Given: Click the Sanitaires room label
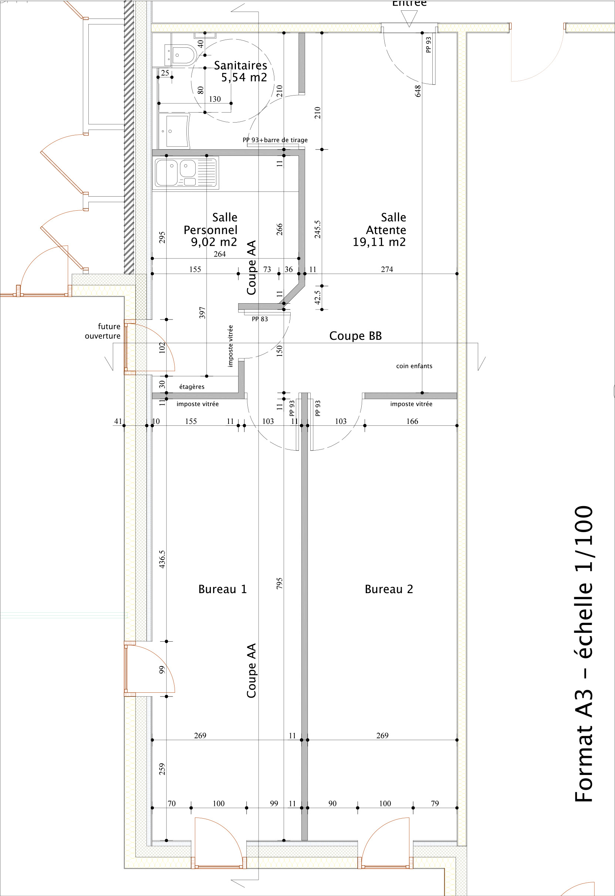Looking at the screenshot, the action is point(240,66).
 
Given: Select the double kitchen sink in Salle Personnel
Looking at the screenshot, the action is point(186,173).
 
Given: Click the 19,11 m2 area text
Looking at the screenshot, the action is point(379,242).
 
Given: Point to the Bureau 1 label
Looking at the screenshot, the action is point(222,589).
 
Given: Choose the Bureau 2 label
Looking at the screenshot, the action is point(389,589).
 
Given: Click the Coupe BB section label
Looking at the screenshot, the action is point(355,336).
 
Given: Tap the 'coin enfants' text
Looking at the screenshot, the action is point(414,366).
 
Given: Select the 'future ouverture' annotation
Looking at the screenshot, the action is point(103,331).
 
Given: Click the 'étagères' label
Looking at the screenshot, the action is point(192,387).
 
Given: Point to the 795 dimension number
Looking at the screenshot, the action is point(279,583).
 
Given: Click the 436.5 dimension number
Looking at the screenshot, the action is point(162,559).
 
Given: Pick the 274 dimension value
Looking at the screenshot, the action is point(387,269).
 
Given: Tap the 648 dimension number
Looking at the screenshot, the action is point(418,91).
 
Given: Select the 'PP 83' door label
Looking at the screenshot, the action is point(260,319).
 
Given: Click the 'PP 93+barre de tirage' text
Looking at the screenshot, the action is point(275,140).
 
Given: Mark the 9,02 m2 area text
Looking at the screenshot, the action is point(214,242).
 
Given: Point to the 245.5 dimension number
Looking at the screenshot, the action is point(318,229).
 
